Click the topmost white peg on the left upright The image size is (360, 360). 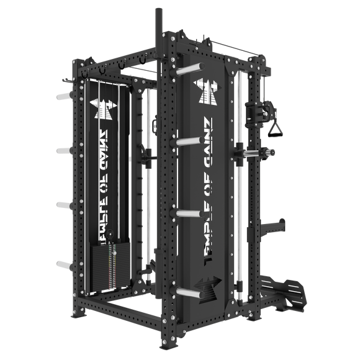(63, 97)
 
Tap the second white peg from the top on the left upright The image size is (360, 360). (63, 150)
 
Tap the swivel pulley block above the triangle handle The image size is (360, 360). (253, 112)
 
